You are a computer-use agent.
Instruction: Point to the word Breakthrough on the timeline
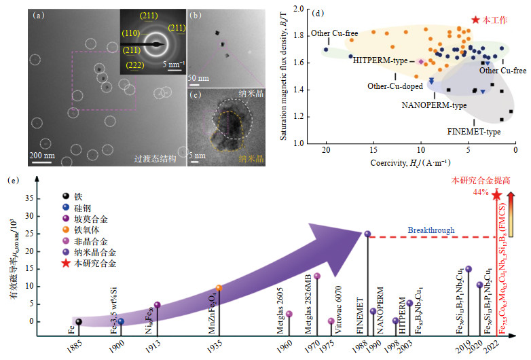click(x=431, y=230)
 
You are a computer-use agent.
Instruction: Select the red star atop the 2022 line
click(x=496, y=195)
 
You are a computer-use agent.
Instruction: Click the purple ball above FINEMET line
click(x=367, y=234)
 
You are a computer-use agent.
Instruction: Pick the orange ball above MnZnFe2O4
click(x=219, y=288)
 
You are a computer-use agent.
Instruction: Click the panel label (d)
click(x=315, y=12)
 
